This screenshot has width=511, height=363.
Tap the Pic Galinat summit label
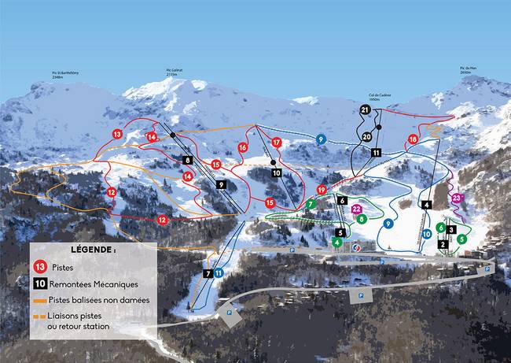(178, 72)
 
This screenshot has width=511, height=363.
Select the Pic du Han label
(469, 69)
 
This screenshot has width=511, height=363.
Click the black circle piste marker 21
(365, 111)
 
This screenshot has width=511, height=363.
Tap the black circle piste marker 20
(367, 137)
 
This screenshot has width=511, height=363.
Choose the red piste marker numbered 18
(413, 140)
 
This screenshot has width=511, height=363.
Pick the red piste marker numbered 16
(243, 147)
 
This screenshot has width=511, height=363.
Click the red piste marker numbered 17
(276, 143)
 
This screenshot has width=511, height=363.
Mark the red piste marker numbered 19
(322, 190)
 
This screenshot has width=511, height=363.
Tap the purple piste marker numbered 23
(458, 199)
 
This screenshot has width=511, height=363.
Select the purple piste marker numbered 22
(357, 209)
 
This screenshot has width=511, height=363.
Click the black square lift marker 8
(187, 160)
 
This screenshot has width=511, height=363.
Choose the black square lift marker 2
(443, 244)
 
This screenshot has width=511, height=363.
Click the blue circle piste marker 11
(219, 272)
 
